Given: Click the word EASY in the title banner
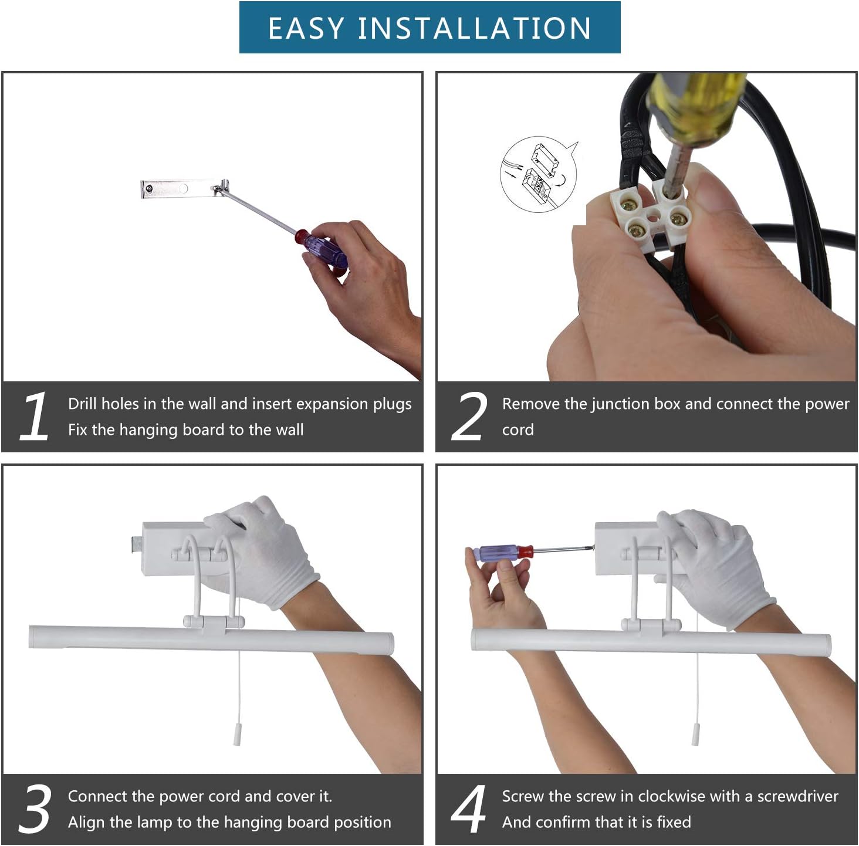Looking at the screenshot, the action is tap(306, 28).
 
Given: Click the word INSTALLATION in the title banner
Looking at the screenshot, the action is tap(475, 28).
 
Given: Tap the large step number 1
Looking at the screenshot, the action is tap(35, 417).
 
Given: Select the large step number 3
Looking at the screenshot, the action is tap(35, 809).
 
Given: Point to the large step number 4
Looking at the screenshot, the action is tap(468, 809).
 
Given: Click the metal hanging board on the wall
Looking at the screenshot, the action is tap(185, 188).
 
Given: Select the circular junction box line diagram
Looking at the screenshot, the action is tap(539, 174).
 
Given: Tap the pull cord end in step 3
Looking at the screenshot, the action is tap(237, 737).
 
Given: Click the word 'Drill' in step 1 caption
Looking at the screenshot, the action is tap(83, 404).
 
